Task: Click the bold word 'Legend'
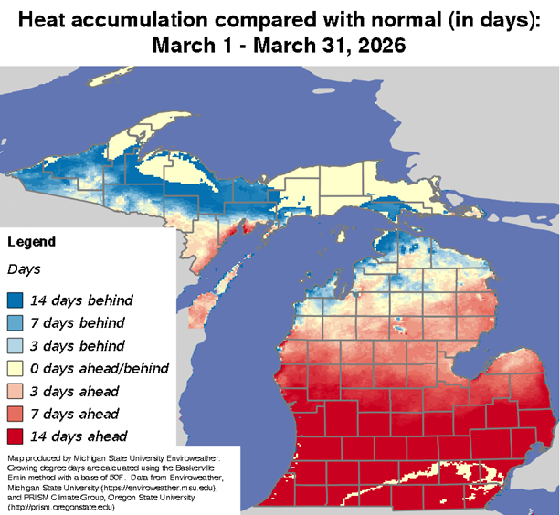(31, 242)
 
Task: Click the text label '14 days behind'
(81, 300)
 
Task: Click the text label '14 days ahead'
(79, 436)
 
